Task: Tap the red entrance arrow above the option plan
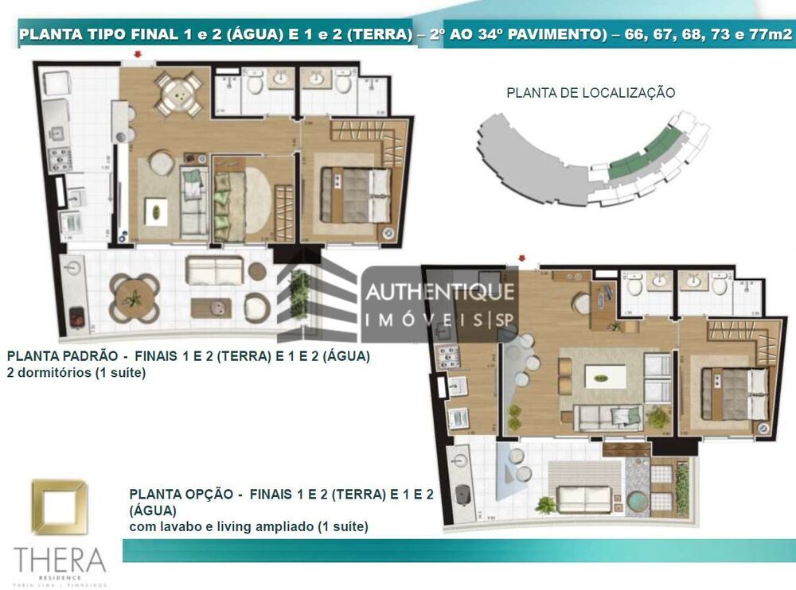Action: (x=522, y=258)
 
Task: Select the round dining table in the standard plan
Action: (x=177, y=95)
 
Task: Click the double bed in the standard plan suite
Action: (x=356, y=195)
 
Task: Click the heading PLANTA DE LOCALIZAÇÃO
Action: (x=591, y=93)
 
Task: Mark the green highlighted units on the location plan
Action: (x=646, y=154)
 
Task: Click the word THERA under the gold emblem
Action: (x=60, y=559)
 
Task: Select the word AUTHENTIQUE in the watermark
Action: (x=439, y=293)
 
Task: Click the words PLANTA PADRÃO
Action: (x=57, y=356)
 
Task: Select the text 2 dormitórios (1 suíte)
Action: (x=76, y=371)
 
